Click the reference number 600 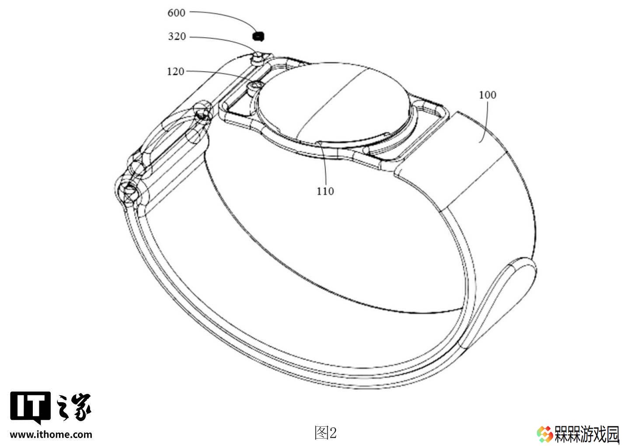pos(176,13)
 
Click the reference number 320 pos(177,36)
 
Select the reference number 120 pos(175,72)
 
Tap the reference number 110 pos(325,191)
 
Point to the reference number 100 pos(488,95)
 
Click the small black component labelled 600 pos(258,36)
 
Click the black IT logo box pos(31,407)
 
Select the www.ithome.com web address pos(51,434)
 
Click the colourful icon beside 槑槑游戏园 pos(545,434)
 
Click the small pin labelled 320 pos(257,59)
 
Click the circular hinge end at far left pos(128,192)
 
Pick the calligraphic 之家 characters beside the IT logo pos(73,407)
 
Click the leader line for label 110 pos(324,163)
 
